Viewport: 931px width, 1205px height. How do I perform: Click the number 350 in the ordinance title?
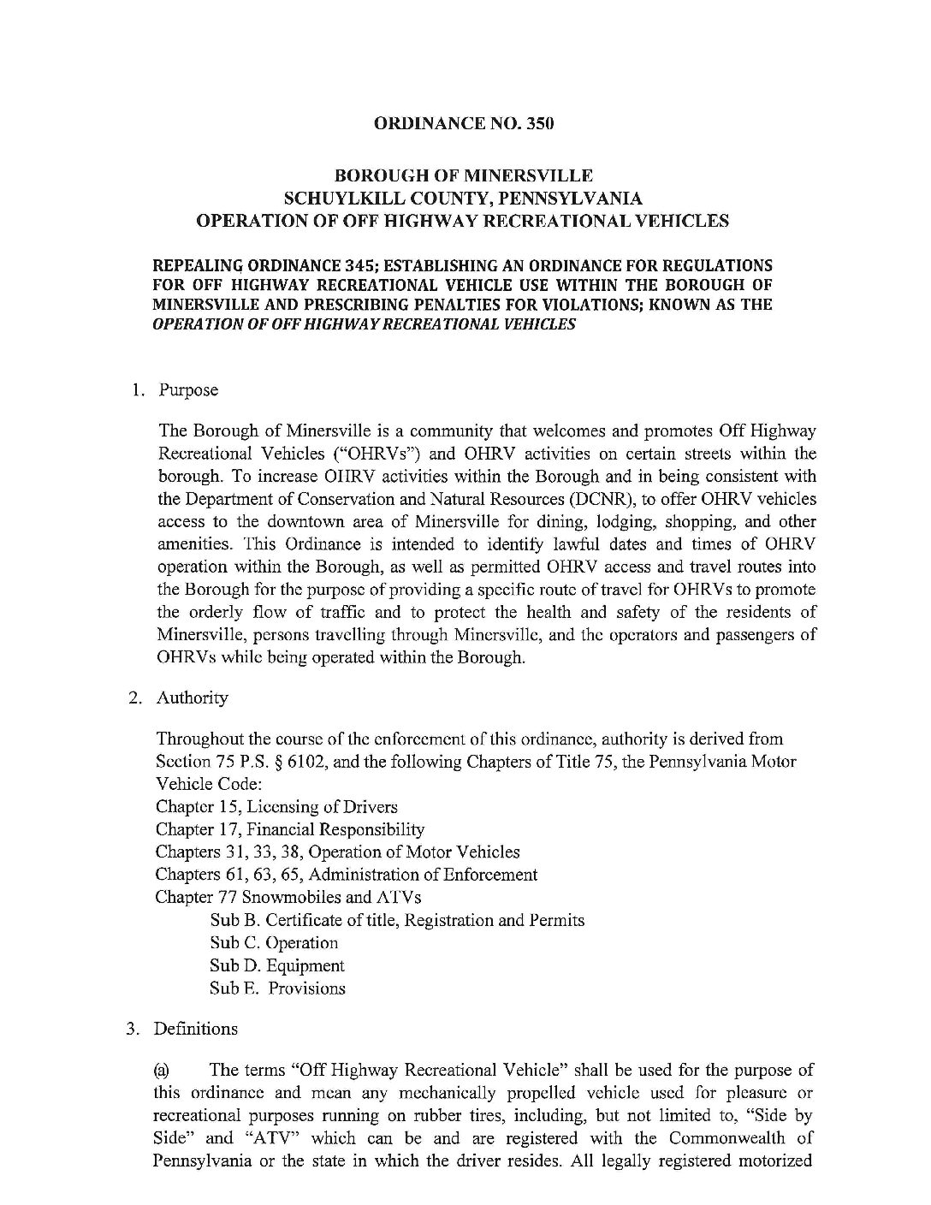(x=540, y=123)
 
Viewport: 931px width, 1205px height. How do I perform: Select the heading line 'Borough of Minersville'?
(x=463, y=175)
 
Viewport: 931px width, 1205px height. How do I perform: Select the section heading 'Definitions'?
(x=196, y=1029)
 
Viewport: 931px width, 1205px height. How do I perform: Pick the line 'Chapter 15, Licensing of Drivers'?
(x=276, y=807)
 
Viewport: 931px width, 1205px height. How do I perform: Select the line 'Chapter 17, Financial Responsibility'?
(x=290, y=829)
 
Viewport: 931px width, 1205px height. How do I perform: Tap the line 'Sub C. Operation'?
(x=274, y=943)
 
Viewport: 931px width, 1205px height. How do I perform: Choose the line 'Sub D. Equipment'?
(x=277, y=965)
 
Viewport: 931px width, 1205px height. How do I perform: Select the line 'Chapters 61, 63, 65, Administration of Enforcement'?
(x=347, y=875)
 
